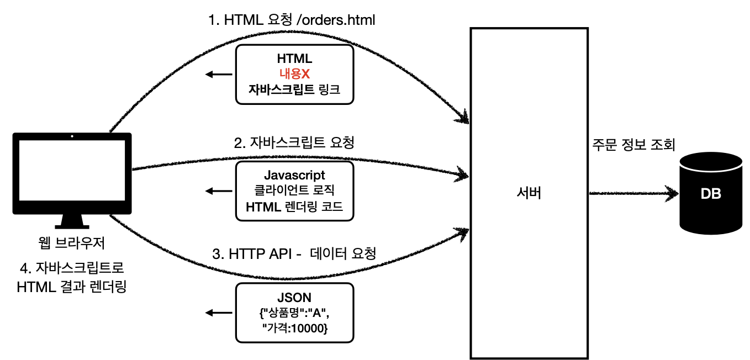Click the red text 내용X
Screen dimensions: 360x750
[294, 74]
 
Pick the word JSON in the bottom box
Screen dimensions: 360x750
[294, 298]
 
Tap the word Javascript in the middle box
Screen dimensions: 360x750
[294, 176]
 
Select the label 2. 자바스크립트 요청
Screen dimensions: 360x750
[294, 143]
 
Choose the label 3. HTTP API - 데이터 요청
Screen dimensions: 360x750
[294, 255]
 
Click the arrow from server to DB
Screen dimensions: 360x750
[633, 194]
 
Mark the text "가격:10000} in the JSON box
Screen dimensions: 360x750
[294, 329]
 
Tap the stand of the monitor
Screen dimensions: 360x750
[72, 221]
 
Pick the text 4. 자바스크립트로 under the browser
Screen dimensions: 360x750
[72, 269]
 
